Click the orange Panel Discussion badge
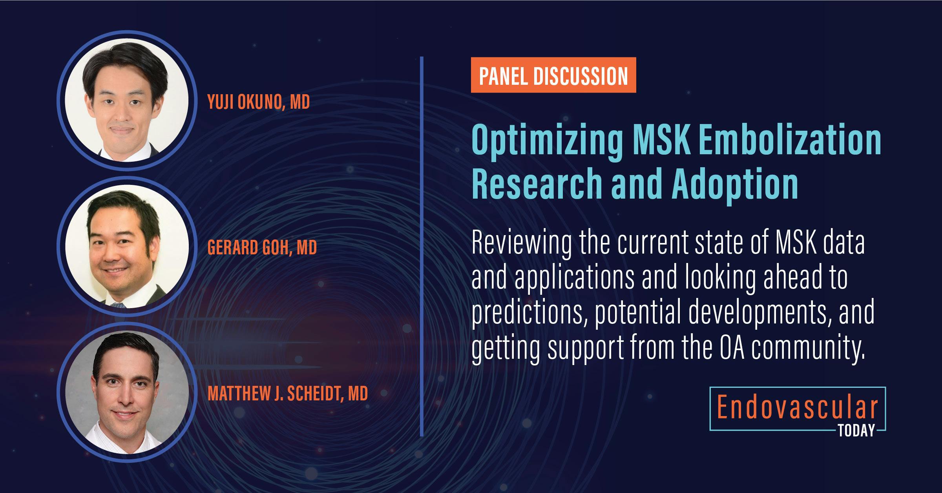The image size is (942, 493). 553,75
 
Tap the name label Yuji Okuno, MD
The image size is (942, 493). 258,102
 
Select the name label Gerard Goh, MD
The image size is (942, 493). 262,248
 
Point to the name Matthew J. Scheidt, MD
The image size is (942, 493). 287,393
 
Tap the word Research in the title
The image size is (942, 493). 537,184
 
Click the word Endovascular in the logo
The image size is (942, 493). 797,408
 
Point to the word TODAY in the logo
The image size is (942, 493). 856,431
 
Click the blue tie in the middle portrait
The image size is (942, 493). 118,304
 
